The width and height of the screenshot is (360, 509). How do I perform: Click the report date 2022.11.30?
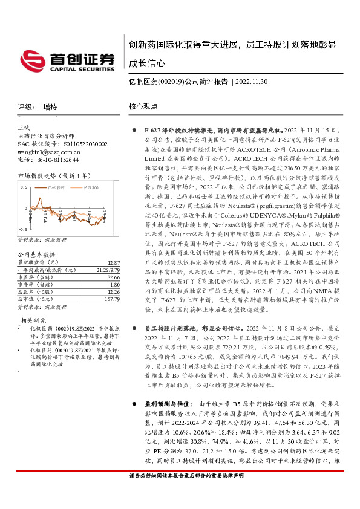pos(252,80)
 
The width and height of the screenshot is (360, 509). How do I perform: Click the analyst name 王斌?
pos(24,128)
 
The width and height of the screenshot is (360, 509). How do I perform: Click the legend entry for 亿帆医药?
pos(57,188)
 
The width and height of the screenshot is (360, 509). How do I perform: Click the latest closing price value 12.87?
pos(113,262)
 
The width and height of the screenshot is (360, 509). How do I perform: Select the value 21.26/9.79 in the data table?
pos(106,270)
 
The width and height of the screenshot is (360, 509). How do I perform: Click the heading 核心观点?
pos(144,107)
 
